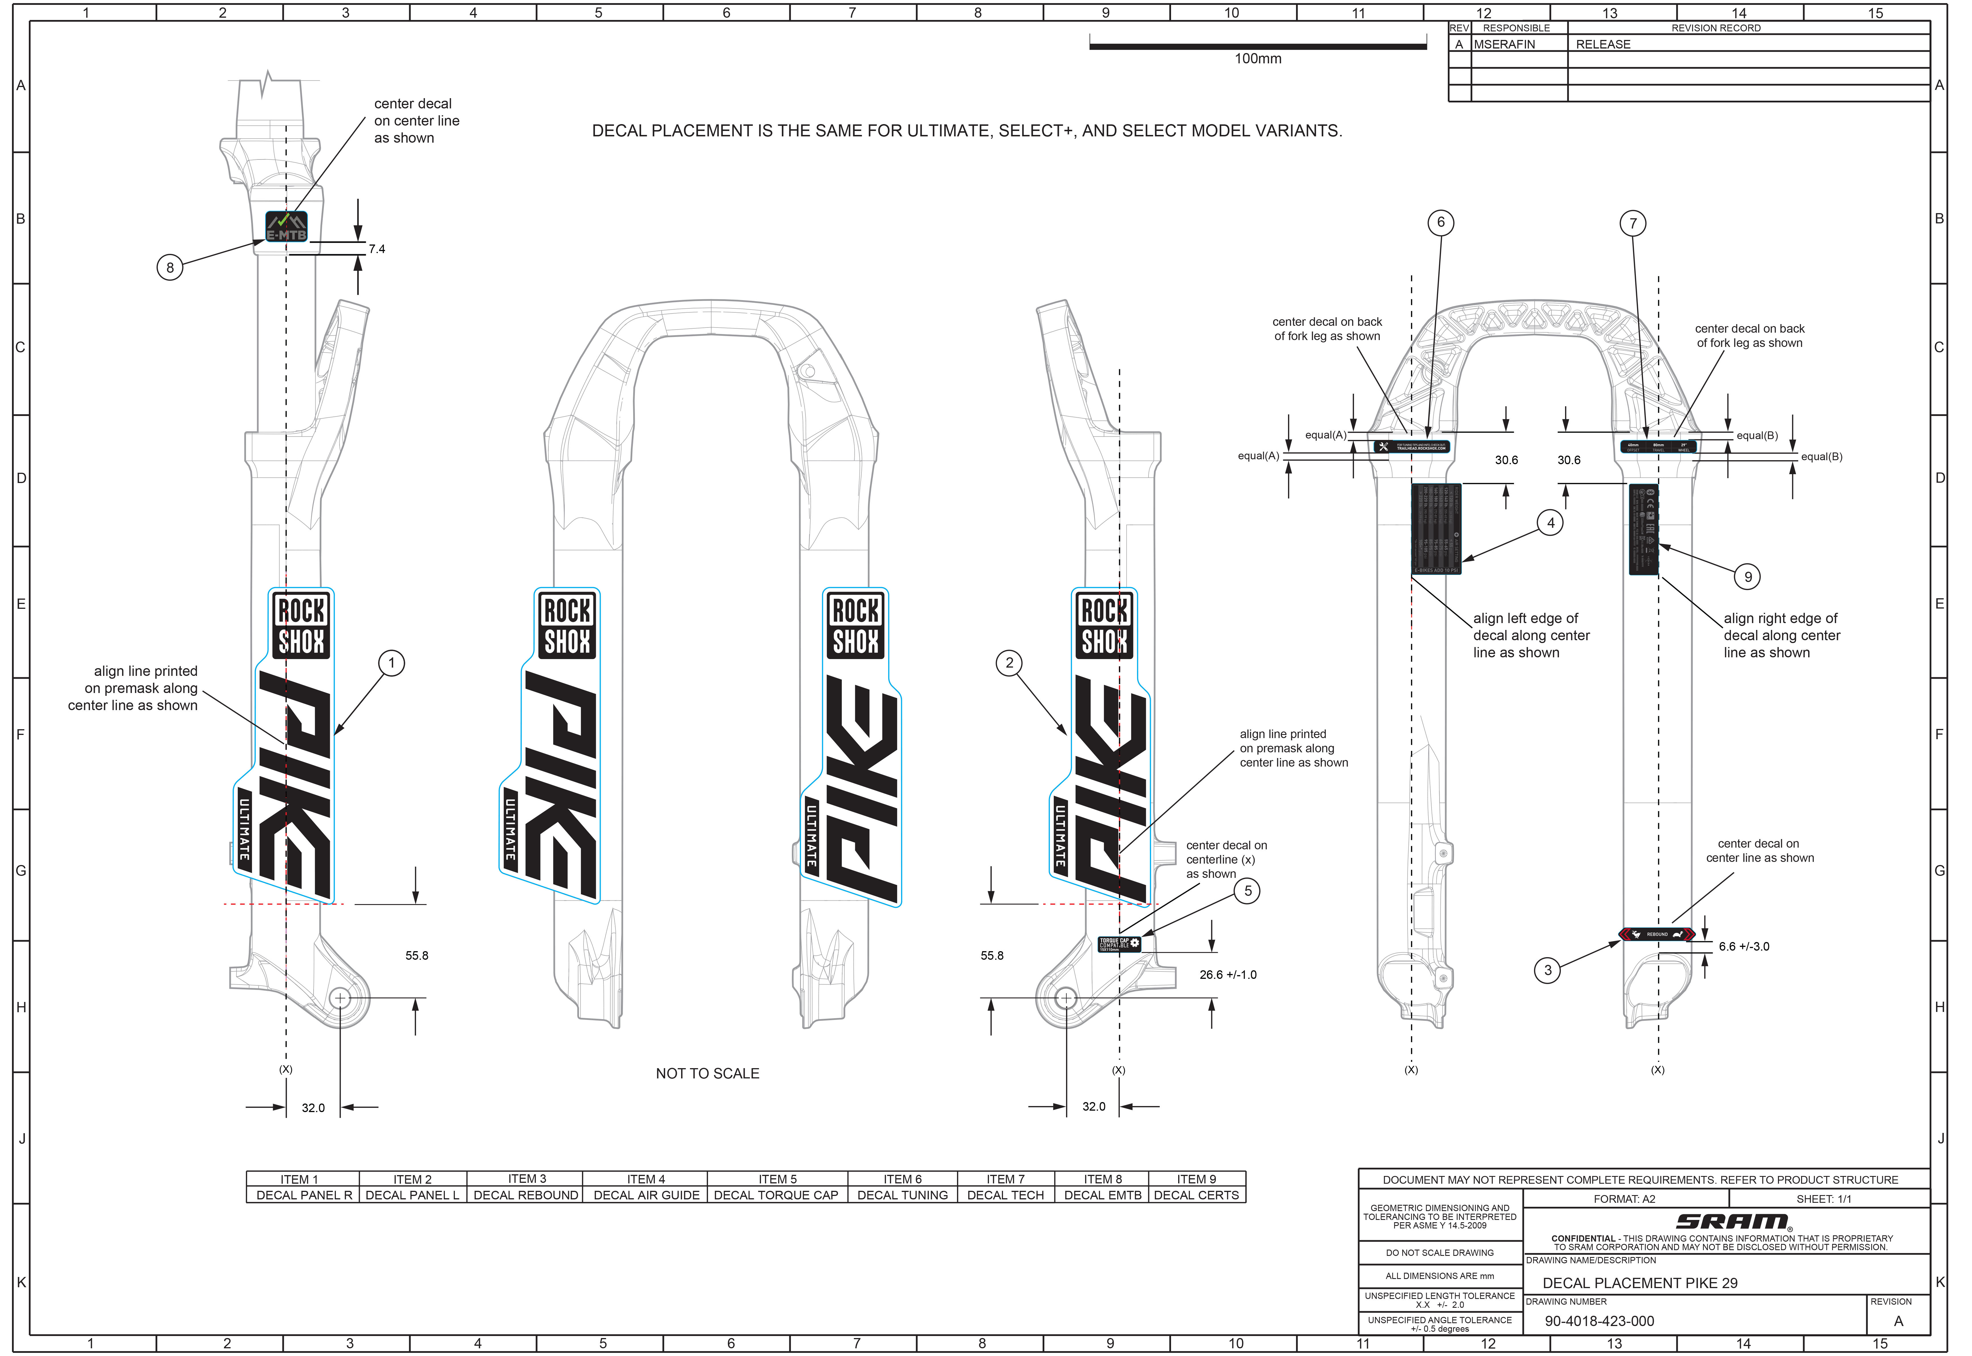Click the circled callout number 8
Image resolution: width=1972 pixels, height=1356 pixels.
[170, 268]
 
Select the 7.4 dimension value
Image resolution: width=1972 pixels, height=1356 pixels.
[376, 249]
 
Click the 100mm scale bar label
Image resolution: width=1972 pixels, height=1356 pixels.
[1258, 58]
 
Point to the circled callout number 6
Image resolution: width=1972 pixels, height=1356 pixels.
[1440, 223]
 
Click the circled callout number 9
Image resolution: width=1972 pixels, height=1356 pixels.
[1748, 577]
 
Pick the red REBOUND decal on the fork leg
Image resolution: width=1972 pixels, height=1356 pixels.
[1657, 935]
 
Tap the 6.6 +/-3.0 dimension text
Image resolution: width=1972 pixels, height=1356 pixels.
[1743, 947]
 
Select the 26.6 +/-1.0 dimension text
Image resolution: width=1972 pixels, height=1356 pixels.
[1228, 975]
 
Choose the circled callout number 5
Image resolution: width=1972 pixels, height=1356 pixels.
[1247, 891]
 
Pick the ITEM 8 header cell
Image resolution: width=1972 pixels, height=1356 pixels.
[1102, 1179]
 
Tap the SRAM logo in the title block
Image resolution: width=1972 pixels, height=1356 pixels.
[1733, 1222]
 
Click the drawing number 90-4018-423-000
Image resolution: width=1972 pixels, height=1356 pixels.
[1599, 1321]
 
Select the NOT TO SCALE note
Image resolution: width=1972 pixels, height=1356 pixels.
[707, 1074]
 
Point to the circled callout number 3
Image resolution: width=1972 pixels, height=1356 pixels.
[1547, 970]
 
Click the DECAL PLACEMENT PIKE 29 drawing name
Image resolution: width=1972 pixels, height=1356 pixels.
[1640, 1283]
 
